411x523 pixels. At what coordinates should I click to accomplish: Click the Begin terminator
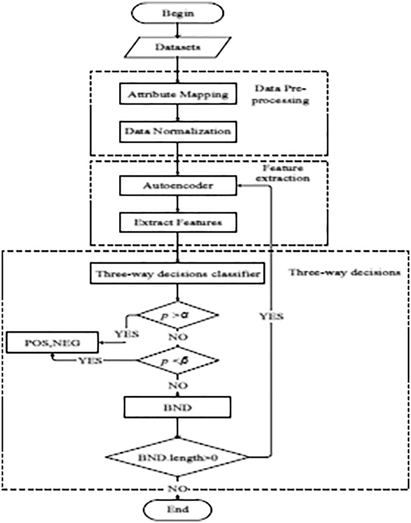click(177, 13)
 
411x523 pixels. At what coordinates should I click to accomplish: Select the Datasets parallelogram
click(177, 47)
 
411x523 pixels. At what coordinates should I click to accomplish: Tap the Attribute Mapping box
click(178, 94)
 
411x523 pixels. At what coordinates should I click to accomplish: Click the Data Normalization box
click(178, 132)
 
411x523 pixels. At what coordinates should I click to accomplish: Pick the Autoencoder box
click(178, 186)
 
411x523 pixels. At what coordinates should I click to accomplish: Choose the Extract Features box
click(178, 223)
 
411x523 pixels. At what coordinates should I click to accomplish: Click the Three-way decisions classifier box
click(177, 273)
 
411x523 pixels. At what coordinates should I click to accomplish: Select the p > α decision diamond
click(177, 315)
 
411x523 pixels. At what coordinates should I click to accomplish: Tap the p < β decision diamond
click(177, 361)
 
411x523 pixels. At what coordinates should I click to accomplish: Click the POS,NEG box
click(52, 343)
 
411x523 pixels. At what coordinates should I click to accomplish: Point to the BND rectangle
click(177, 408)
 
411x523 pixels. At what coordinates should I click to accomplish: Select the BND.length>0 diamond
click(177, 457)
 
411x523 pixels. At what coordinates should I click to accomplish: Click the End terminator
click(177, 509)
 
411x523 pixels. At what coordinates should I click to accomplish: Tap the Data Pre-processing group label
click(280, 94)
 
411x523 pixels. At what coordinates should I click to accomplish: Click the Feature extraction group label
click(282, 173)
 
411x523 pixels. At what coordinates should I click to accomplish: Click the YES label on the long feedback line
click(271, 316)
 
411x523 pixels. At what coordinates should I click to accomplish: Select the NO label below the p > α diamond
click(178, 337)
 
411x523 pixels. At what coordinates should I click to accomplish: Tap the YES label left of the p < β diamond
click(90, 361)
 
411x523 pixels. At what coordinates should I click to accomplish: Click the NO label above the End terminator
click(178, 489)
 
